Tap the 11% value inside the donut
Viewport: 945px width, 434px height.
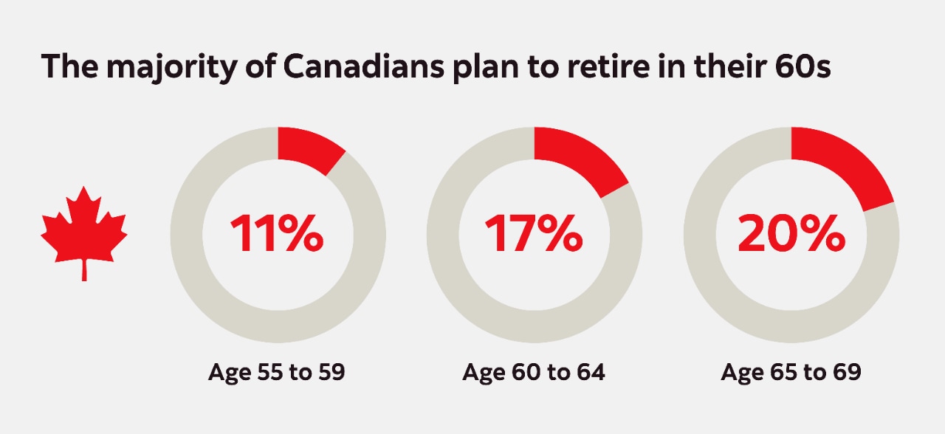point(276,234)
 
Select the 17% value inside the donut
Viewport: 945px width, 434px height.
point(533,234)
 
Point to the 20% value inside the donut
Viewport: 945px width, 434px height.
point(791,234)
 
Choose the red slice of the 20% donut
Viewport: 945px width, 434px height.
point(842,167)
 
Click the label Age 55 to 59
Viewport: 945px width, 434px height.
point(277,373)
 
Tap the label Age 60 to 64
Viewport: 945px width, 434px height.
point(534,373)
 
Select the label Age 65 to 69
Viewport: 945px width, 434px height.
point(791,373)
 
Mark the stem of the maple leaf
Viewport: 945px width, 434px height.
point(83,269)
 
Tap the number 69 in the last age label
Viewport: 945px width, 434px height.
point(847,373)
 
